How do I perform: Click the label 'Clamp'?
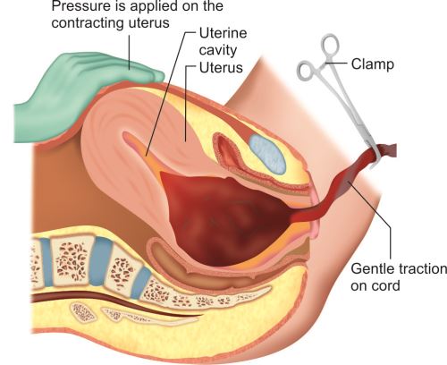click(373, 64)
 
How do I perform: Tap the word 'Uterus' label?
click(221, 68)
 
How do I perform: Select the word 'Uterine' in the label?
click(223, 33)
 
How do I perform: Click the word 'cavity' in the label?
click(218, 50)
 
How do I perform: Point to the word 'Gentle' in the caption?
click(372, 269)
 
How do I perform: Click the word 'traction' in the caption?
click(422, 269)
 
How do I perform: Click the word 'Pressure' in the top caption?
click(84, 6)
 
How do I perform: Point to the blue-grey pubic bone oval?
click(267, 153)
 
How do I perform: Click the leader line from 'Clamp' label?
click(337, 63)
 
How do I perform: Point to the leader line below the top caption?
click(130, 53)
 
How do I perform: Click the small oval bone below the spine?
click(83, 312)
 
